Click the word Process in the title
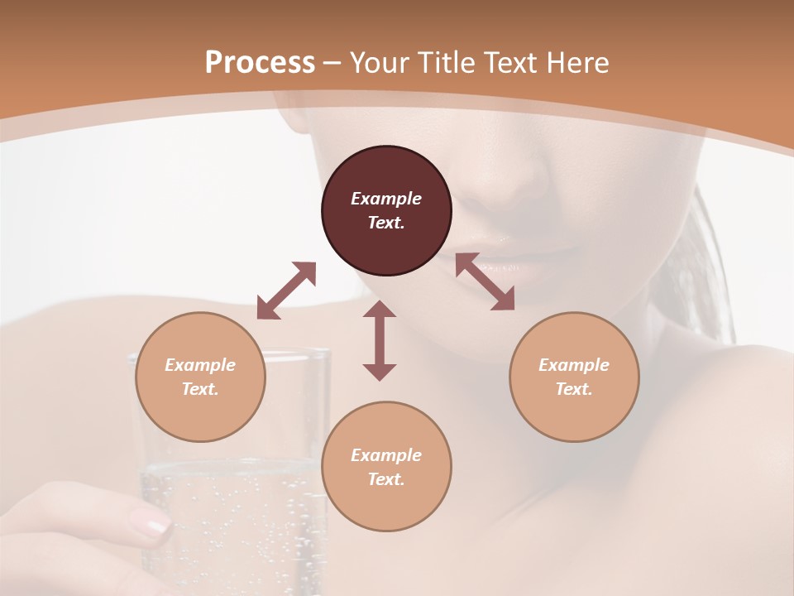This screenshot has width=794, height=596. coord(260,63)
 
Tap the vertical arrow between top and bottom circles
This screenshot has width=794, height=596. coord(380,340)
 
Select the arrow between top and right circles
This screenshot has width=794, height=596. coord(485,281)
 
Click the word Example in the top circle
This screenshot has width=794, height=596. coord(386,199)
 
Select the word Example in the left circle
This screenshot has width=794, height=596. coord(200,365)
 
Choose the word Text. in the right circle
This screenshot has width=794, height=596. coord(574,389)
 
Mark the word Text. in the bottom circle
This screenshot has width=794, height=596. coord(386,479)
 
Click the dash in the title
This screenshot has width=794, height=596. coord(332,63)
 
